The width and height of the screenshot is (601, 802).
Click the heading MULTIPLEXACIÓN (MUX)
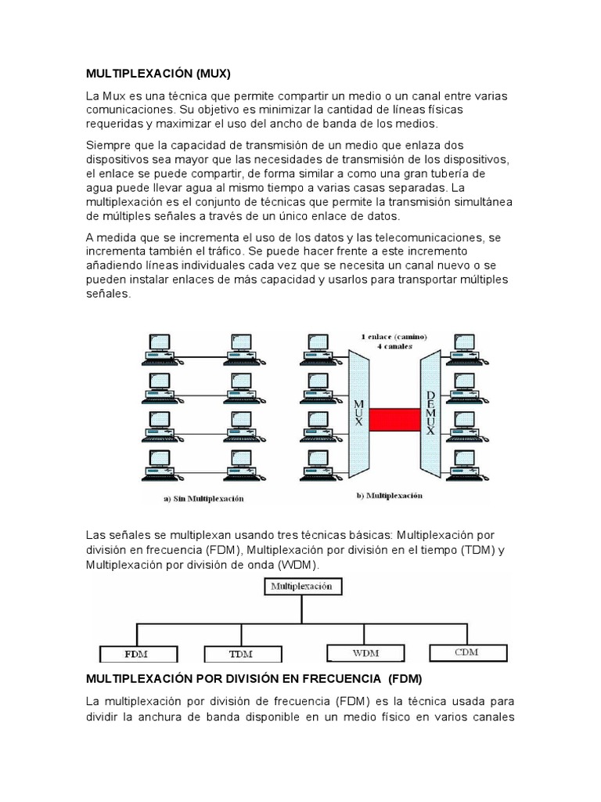coord(159,74)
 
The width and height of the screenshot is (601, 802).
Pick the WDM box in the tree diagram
coord(363,652)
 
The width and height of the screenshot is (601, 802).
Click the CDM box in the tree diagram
coord(466,651)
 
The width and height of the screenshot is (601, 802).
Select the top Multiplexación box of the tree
coord(301,585)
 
